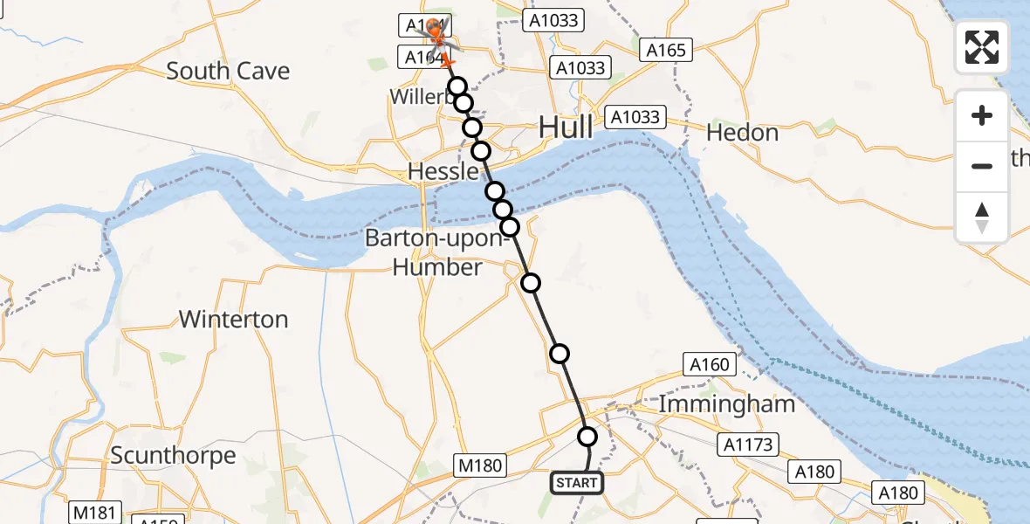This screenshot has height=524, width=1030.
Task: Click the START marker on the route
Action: click(576, 482)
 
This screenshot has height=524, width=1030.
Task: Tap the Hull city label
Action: click(566, 128)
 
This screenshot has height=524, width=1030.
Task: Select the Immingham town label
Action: click(726, 403)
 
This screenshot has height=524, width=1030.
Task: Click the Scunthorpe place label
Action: click(173, 455)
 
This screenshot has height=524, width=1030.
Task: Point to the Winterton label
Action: click(233, 319)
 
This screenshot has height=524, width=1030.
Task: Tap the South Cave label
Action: click(228, 71)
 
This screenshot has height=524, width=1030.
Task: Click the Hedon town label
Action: click(742, 133)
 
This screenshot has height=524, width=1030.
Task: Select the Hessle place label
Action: click(443, 172)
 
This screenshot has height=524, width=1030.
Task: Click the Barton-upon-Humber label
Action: click(437, 252)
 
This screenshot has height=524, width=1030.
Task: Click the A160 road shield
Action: click(709, 364)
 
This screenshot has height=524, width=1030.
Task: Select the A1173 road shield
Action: click(748, 445)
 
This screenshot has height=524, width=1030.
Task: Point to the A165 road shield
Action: click(666, 51)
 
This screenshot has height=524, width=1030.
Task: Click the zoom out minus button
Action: click(982, 166)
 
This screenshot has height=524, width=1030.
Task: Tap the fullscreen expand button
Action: click(982, 47)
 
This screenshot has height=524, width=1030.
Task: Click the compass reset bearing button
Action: click(982, 217)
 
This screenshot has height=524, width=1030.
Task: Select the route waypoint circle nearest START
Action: click(587, 437)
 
